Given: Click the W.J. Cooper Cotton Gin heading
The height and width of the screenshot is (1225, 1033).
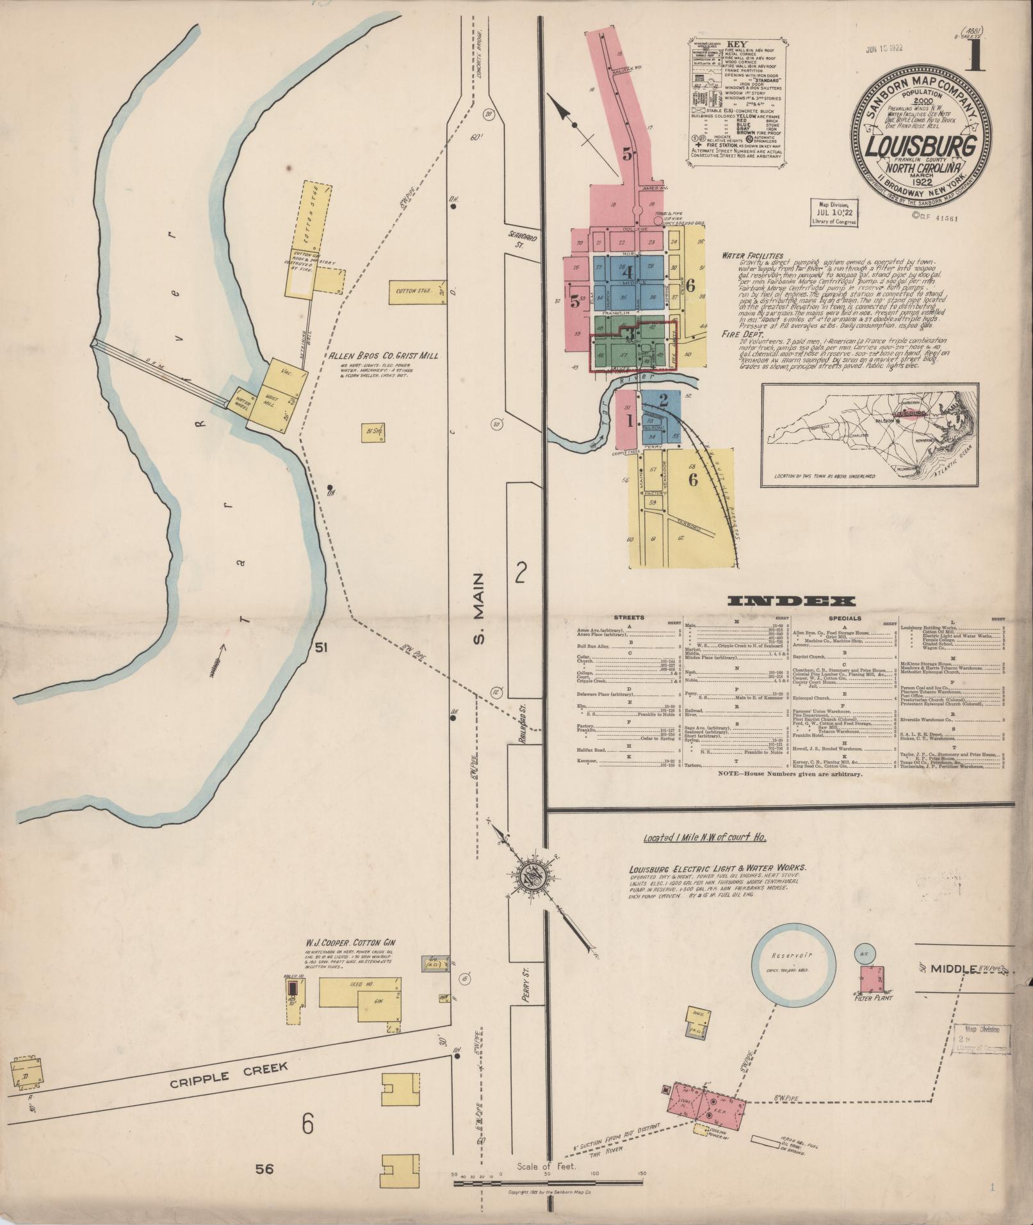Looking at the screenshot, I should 351,943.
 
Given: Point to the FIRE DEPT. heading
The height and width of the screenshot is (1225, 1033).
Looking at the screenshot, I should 740,333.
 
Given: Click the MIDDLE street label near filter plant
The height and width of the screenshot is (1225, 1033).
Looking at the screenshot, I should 954,968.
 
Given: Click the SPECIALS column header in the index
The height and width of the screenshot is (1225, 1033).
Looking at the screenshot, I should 845,619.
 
